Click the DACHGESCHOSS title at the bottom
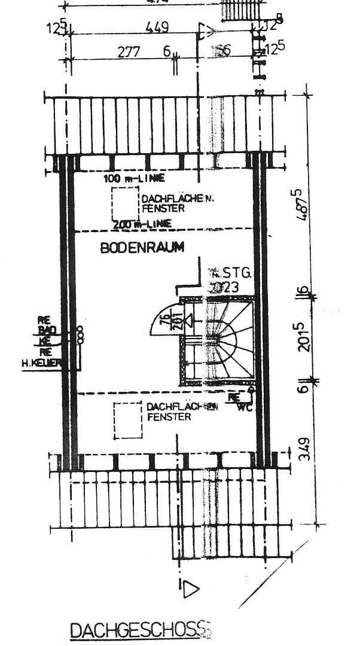[141, 630]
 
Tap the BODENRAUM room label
[142, 247]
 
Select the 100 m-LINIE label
[133, 179]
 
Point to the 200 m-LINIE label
[142, 224]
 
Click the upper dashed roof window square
[124, 204]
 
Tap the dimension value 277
[129, 51]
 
